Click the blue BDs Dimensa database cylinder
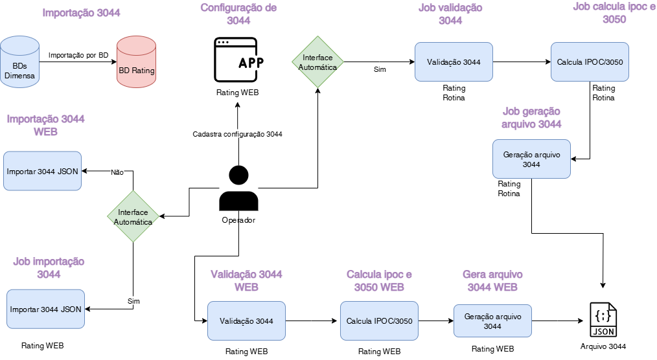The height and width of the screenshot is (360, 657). coord(20,62)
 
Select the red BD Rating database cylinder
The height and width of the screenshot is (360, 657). coord(136,62)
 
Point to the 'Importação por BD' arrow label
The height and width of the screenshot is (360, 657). coord(78,55)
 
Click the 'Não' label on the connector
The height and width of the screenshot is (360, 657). coord(117,172)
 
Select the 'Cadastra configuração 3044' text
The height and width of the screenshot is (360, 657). coord(237,134)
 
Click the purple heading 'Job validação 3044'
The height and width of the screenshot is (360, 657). coord(450,14)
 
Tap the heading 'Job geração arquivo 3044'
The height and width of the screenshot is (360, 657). coord(531,117)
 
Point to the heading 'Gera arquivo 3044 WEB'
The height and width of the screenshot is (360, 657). coord(492,280)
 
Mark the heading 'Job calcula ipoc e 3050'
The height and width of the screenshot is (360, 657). coord(614,12)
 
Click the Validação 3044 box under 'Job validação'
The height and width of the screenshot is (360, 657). coord(454,62)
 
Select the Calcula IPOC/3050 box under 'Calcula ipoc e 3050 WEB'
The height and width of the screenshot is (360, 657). coord(379,321)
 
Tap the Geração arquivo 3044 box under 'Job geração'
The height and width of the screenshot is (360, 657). coord(531,159)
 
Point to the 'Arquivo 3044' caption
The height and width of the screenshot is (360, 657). coord(603,346)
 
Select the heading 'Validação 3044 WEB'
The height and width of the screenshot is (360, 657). coord(246,280)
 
